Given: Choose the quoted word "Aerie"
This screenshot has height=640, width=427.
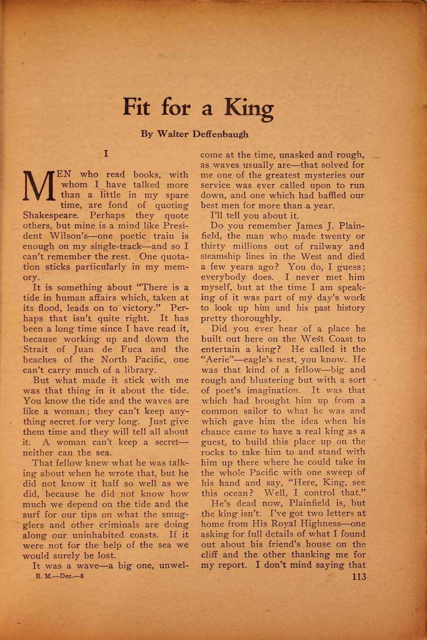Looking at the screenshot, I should click(x=219, y=360).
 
